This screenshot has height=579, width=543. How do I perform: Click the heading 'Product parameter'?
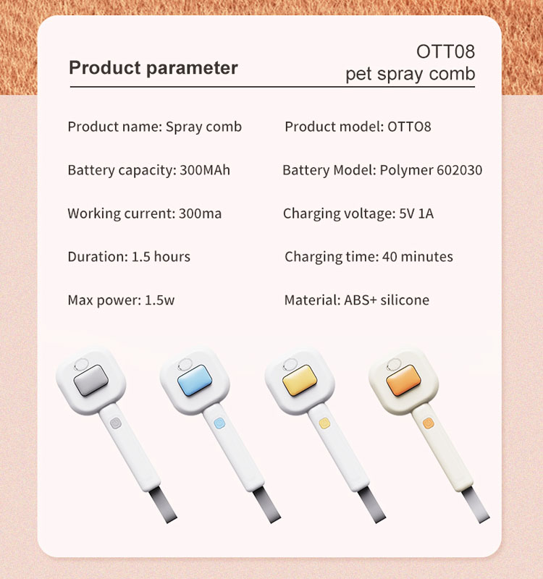[153, 68]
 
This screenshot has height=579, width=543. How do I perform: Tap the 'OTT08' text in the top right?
[445, 52]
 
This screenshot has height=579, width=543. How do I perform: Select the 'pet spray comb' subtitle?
[410, 74]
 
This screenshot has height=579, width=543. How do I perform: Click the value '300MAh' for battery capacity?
[203, 171]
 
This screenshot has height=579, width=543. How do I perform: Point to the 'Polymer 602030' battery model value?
[431, 171]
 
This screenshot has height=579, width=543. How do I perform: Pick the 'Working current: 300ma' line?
[144, 214]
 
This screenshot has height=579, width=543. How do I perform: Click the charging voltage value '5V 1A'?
[416, 214]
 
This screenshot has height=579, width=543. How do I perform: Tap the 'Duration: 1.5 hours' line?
[129, 257]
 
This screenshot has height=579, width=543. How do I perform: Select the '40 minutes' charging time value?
[416, 257]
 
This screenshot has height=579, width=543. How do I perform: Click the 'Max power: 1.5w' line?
[121, 300]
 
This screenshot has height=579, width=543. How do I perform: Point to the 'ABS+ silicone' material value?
[386, 300]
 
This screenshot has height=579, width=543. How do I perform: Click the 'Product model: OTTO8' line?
[358, 127]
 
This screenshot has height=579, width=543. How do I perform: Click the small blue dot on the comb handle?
[218, 423]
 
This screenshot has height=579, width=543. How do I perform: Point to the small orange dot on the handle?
[427, 423]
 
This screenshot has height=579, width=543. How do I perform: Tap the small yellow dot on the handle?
[324, 423]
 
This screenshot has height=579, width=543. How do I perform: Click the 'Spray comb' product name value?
[203, 127]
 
